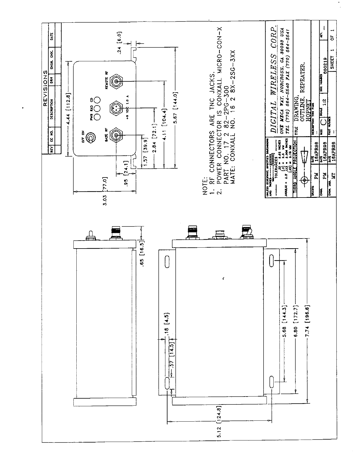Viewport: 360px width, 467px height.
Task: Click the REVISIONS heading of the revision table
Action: (x=45, y=88)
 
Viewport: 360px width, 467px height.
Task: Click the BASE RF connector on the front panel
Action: (x=116, y=135)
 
